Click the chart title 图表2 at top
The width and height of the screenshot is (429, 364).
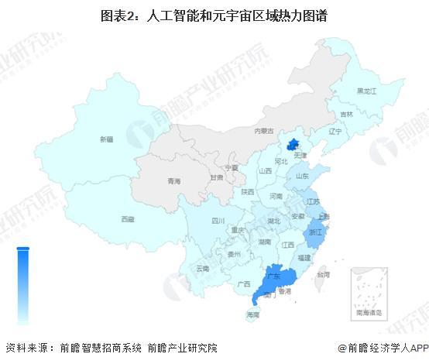[214, 15]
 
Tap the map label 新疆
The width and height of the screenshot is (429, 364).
[106, 139]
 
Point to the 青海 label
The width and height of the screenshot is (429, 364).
[173, 181]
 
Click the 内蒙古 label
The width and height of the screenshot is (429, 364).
[265, 131]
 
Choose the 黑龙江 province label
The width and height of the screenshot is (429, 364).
[366, 91]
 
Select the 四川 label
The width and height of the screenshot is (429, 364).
[218, 221]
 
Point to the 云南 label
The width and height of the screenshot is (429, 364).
[202, 268]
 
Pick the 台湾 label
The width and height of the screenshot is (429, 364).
[324, 274]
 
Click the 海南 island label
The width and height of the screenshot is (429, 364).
[253, 315]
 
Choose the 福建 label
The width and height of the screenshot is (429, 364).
[304, 257]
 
